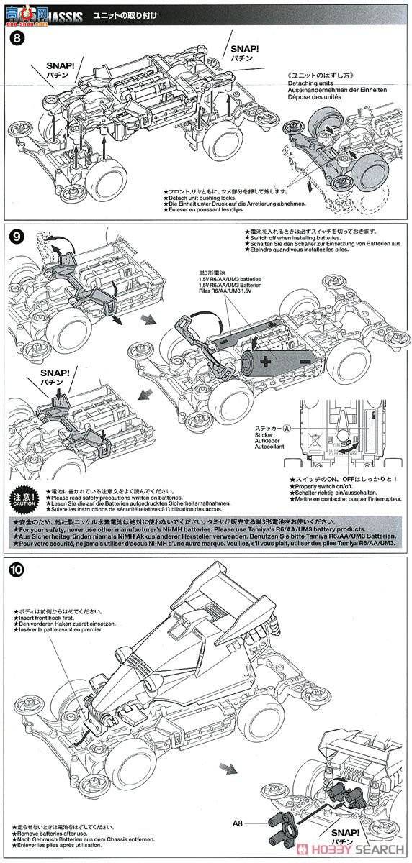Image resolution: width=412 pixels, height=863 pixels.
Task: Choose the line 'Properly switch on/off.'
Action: pos(324,486)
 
